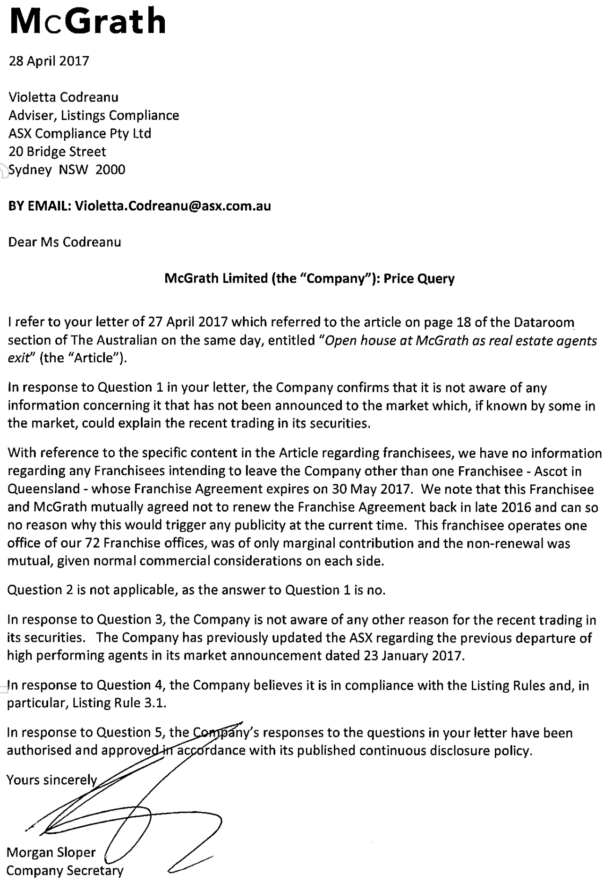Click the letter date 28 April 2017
click(49, 61)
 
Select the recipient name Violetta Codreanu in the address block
click(63, 97)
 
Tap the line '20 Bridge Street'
click(57, 152)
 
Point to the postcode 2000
click(110, 170)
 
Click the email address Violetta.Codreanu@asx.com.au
click(173, 206)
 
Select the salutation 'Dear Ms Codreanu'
click(65, 242)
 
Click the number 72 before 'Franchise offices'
click(92, 543)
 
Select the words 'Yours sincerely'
click(51, 779)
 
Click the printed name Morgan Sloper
click(51, 852)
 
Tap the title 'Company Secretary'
click(65, 870)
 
